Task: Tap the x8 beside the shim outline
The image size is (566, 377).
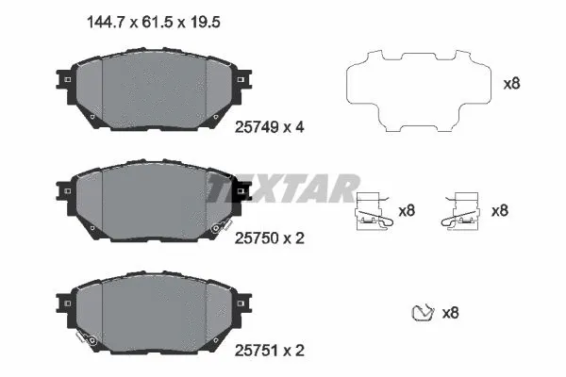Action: pos(512,83)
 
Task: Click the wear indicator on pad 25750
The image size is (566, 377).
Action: pos(221,226)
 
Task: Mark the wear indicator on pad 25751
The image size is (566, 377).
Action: pos(87,337)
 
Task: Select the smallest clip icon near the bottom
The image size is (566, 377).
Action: pos(424,312)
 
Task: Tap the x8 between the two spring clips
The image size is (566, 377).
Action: pos(408,211)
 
